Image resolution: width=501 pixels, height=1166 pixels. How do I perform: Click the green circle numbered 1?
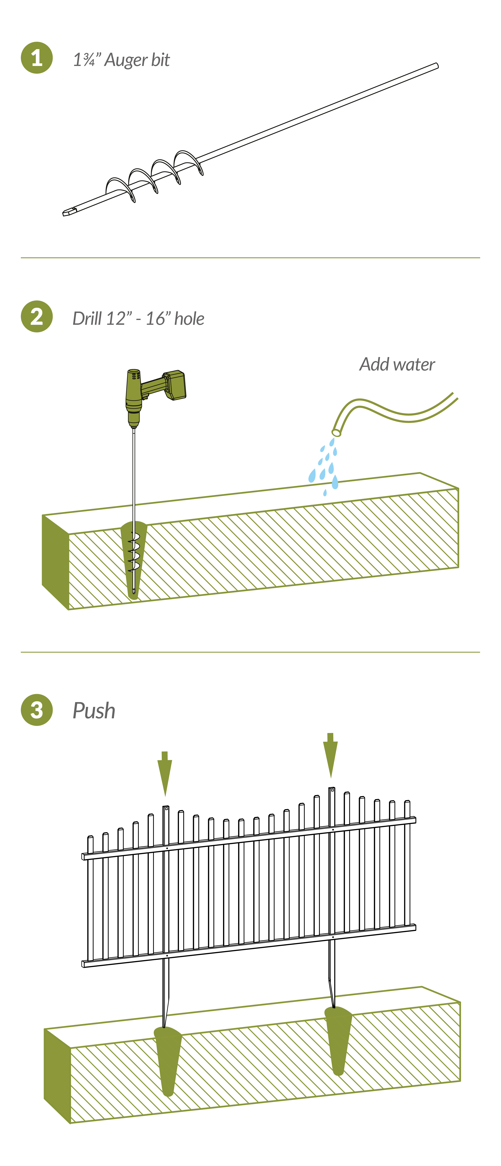pos(37,58)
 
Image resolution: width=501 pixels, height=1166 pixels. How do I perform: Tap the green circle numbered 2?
pos(37,316)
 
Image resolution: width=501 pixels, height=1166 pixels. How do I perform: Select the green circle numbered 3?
pos(37,710)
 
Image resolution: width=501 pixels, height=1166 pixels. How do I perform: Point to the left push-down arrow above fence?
pos(165,774)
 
